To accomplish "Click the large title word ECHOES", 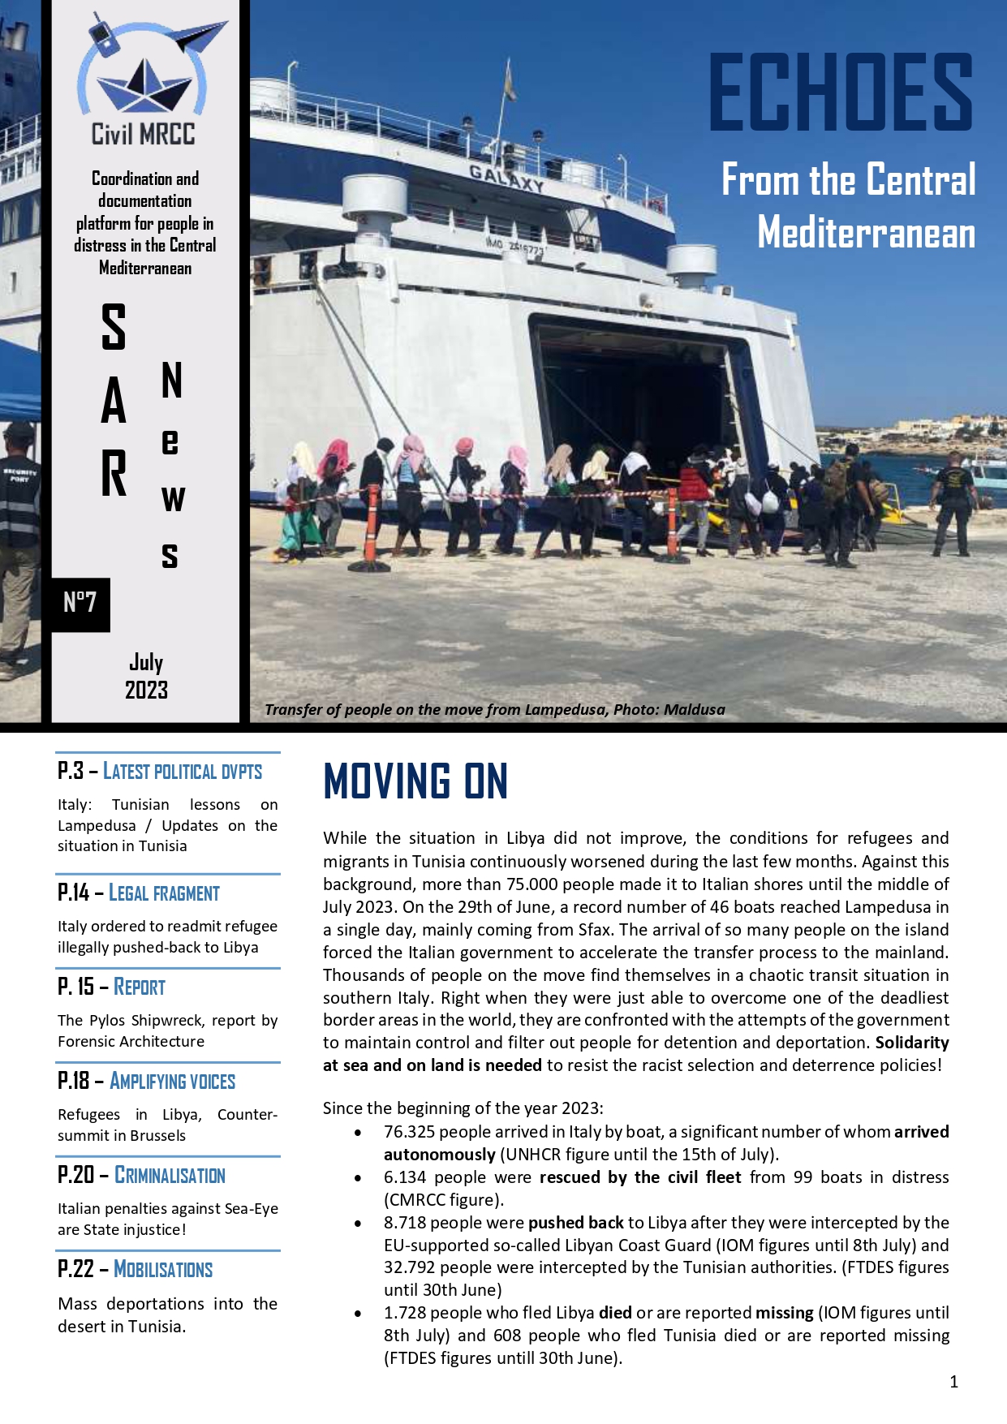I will (x=841, y=92).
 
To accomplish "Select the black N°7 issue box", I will (x=80, y=603).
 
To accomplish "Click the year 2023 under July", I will (x=146, y=690).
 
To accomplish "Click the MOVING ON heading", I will (x=415, y=781).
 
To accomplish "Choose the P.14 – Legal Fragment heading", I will (x=139, y=893).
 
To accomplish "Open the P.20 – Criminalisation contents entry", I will (x=142, y=1176).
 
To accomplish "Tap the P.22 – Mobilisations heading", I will (x=136, y=1270).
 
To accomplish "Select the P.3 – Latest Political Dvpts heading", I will (x=160, y=772).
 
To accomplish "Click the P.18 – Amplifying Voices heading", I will (x=147, y=1082).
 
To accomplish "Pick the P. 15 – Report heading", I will (x=112, y=987).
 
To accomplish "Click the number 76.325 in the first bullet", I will (x=410, y=1132).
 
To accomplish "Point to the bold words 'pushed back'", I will (x=575, y=1223).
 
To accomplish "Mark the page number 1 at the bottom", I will (x=953, y=1382).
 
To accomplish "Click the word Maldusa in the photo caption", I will (x=694, y=710).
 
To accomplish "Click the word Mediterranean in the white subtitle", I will (x=866, y=234).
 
